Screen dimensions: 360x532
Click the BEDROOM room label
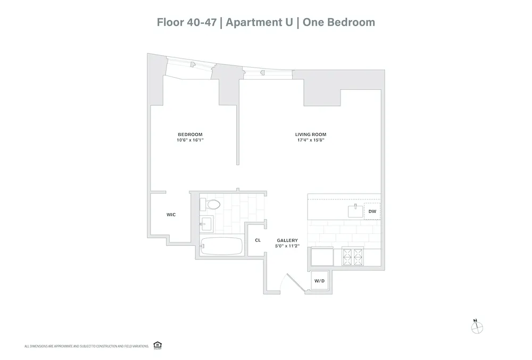(x=190, y=135)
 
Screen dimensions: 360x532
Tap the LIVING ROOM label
(x=311, y=135)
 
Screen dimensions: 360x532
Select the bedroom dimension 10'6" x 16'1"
(x=190, y=140)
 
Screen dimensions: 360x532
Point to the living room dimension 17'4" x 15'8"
(x=311, y=140)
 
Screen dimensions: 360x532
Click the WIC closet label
(x=171, y=215)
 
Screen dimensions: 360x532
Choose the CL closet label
(x=257, y=240)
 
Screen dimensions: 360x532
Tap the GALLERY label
(x=287, y=240)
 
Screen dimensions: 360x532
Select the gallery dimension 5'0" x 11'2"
(x=287, y=246)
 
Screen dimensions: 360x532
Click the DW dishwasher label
(x=372, y=212)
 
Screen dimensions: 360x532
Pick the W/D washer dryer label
(x=319, y=281)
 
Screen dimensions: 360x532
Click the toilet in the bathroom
(x=212, y=204)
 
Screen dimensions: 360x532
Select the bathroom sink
(x=206, y=223)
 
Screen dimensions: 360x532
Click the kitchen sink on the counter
(x=355, y=211)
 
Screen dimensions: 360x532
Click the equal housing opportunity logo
(x=157, y=346)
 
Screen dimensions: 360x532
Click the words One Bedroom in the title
(x=339, y=22)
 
